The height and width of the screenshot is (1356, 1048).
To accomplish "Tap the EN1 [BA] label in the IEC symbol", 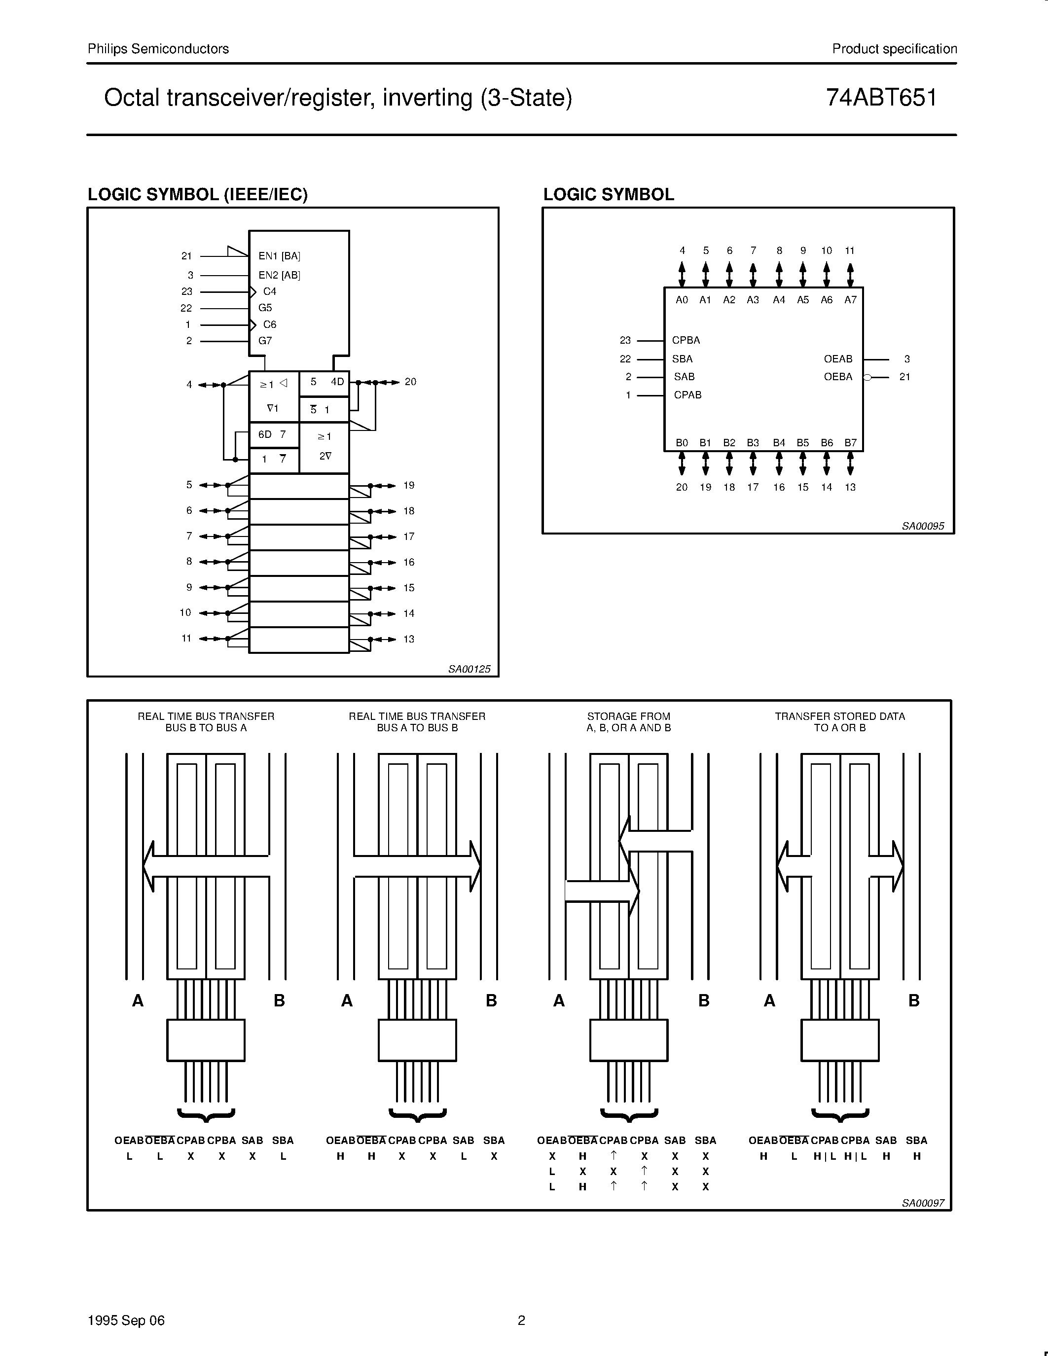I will click(279, 256).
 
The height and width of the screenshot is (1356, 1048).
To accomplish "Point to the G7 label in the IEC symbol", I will click(265, 341).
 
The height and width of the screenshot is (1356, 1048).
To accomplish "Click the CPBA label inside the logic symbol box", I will click(686, 340).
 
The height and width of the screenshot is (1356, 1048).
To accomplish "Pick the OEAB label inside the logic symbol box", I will click(837, 359).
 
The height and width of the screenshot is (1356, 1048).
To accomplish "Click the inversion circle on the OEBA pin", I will click(867, 377).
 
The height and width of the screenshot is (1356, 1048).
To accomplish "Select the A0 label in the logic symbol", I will click(682, 300).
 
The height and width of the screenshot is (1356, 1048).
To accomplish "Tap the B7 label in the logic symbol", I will click(850, 443).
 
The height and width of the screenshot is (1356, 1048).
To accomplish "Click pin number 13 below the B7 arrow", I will click(850, 487).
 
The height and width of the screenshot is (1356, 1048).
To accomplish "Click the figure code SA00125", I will click(470, 669).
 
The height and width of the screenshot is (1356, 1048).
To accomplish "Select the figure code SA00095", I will click(923, 526).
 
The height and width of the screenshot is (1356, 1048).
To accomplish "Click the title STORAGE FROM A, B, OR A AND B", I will click(628, 722).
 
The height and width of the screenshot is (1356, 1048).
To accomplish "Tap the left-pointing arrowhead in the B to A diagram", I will click(149, 866).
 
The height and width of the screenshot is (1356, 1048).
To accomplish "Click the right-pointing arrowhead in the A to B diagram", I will click(475, 866).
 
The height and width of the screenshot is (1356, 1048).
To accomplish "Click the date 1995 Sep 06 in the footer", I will click(126, 1320).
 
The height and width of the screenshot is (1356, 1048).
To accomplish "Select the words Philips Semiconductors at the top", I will click(158, 49).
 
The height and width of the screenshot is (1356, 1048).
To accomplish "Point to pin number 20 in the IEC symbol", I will click(410, 382).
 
